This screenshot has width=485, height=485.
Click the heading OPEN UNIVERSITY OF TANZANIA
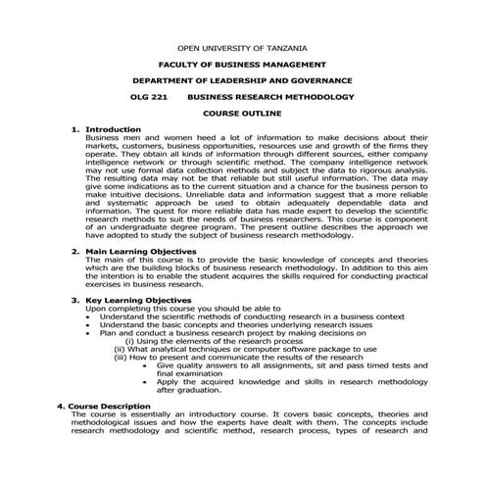242,48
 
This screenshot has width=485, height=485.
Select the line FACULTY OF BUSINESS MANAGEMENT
242,65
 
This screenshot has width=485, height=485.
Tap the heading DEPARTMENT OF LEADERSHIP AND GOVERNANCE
242,81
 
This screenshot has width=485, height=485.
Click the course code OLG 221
149,98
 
